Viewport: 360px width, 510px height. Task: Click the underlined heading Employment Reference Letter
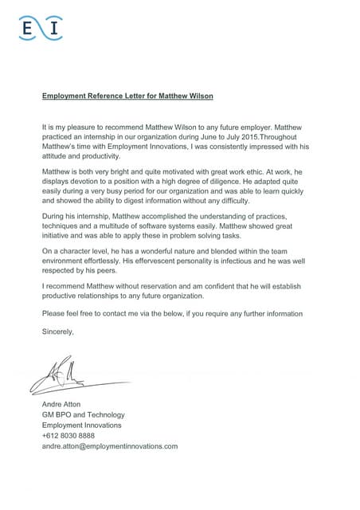(x=127, y=96)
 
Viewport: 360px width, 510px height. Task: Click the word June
(x=195, y=137)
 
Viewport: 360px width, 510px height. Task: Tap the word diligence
(x=216, y=182)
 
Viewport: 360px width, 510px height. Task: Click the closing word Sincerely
(x=57, y=331)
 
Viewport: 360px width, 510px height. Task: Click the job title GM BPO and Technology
(x=84, y=415)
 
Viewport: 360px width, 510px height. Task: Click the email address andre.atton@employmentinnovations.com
(x=110, y=446)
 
